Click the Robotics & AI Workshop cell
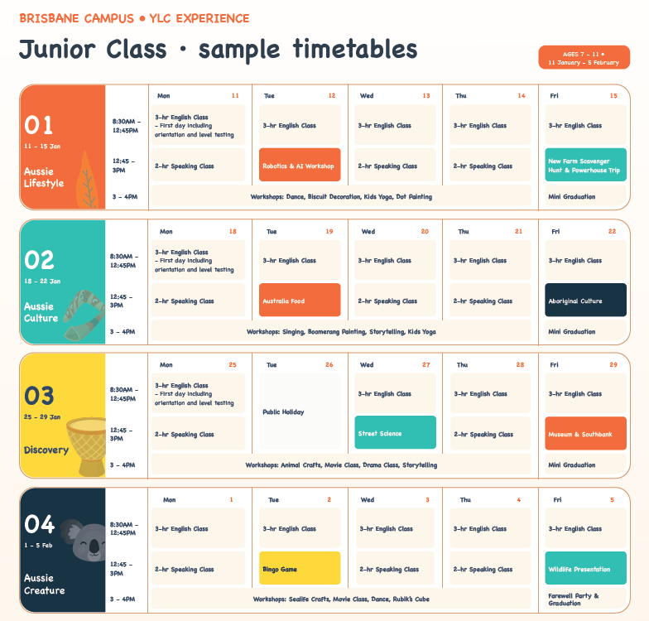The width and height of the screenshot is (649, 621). click(x=300, y=165)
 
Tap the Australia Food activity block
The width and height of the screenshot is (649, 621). click(x=300, y=300)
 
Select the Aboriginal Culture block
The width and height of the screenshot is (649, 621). click(x=585, y=300)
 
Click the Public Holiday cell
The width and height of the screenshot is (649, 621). click(x=300, y=412)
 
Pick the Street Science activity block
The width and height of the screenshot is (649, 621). click(x=396, y=432)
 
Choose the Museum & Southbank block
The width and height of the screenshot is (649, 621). click(x=585, y=433)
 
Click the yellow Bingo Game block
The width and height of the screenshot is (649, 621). click(x=300, y=568)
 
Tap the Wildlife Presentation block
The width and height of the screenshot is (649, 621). click(x=585, y=568)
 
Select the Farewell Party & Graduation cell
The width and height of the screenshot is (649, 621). click(x=585, y=599)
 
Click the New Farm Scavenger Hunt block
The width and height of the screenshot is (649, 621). click(x=585, y=165)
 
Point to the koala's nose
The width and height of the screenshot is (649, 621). click(x=94, y=546)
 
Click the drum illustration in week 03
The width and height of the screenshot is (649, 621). click(x=86, y=446)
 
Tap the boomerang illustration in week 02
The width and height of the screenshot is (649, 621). click(x=84, y=315)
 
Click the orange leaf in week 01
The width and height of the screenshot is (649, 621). click(x=86, y=180)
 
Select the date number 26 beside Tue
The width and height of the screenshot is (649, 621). click(x=329, y=364)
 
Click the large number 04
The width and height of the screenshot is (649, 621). click(x=39, y=525)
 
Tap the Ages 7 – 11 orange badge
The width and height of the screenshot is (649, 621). click(x=584, y=57)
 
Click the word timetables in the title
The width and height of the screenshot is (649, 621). click(x=354, y=49)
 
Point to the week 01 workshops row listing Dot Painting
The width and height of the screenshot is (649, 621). click(x=341, y=196)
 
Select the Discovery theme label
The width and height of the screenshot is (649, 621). click(x=46, y=450)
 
